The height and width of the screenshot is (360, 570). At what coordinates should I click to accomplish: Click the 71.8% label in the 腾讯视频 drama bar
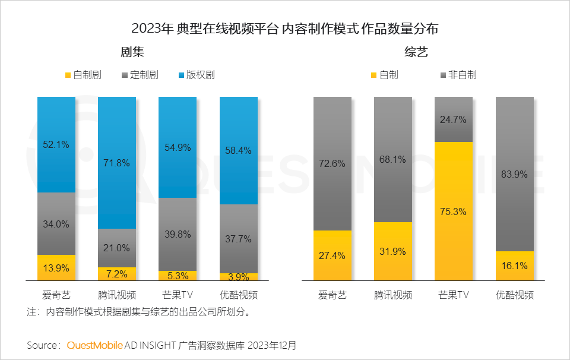(x=117, y=163)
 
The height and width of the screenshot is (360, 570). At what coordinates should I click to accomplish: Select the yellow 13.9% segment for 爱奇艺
(x=56, y=267)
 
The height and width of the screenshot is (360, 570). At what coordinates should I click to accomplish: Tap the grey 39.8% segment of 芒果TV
(x=178, y=234)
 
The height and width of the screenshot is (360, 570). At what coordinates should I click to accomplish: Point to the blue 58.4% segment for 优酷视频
(x=239, y=151)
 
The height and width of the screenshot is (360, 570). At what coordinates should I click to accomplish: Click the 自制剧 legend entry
(x=83, y=75)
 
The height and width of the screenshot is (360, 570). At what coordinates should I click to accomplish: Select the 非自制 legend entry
(x=457, y=75)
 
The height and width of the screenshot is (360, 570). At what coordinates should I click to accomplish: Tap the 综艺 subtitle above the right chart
(x=416, y=52)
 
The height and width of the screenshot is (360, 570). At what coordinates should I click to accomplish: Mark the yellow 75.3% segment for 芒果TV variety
(x=454, y=211)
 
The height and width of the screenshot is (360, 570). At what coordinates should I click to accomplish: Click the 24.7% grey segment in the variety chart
(x=454, y=119)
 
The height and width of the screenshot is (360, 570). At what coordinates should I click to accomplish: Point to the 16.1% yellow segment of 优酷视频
(x=515, y=266)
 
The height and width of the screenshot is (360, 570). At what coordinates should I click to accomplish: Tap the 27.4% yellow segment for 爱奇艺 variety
(x=332, y=255)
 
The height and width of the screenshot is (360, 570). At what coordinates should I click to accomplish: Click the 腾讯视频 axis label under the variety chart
(x=393, y=295)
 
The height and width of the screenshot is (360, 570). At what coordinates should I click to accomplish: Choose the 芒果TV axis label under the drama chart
(x=178, y=295)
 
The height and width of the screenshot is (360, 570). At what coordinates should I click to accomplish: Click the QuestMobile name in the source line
(x=95, y=345)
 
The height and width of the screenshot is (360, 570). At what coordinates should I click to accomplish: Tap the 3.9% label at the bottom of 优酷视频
(x=239, y=277)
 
